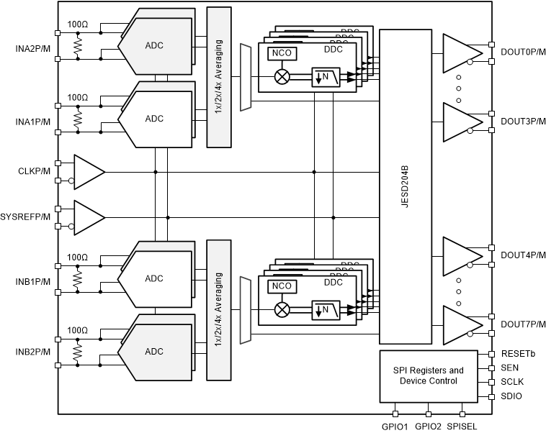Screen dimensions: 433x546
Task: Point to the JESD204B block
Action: tap(405, 186)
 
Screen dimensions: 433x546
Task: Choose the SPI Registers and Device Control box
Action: tap(428, 375)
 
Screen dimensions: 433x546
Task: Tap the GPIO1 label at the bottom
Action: tap(395, 426)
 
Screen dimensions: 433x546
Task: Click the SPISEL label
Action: tap(460, 426)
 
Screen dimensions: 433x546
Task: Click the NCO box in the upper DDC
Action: tap(279, 53)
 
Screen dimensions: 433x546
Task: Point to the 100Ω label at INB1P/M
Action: tap(77, 257)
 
